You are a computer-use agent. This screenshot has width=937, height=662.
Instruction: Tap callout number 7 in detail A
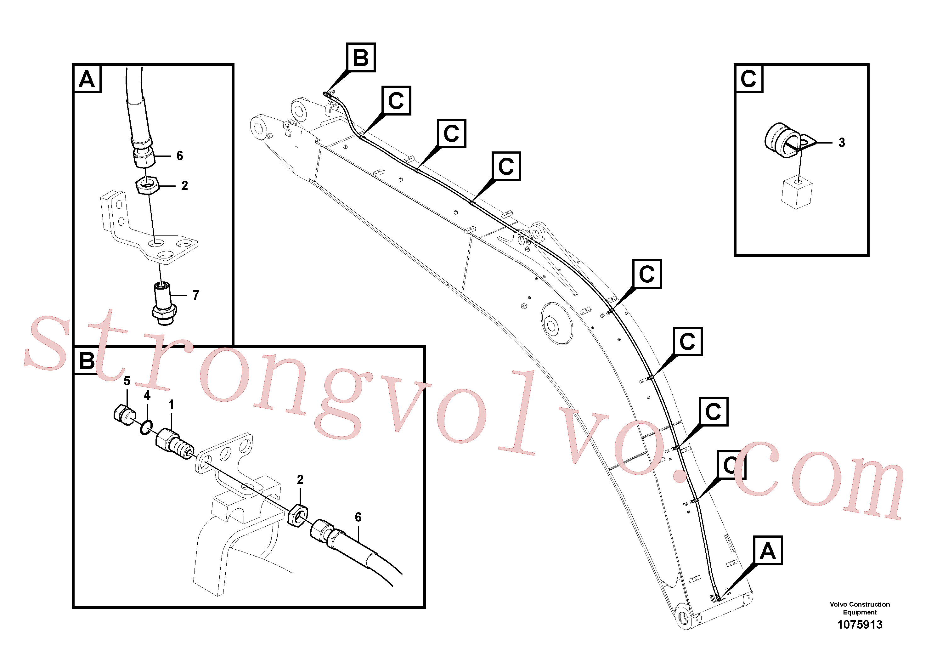[x=196, y=295]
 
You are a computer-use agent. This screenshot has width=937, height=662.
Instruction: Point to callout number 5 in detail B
[x=127, y=381]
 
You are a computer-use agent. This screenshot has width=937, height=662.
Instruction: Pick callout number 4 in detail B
[x=147, y=395]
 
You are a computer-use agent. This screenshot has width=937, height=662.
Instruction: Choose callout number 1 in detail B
[x=171, y=405]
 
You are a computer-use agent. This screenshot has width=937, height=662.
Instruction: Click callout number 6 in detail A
[x=180, y=156]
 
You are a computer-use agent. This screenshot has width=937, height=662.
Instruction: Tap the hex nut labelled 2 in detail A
[x=146, y=185]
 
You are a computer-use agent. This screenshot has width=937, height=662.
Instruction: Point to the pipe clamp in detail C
[x=787, y=141]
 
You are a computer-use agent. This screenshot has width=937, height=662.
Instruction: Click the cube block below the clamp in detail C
[x=796, y=193]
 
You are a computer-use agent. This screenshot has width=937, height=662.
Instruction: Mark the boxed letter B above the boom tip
[x=361, y=58]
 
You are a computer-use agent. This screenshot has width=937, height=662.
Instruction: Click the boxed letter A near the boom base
[x=768, y=551]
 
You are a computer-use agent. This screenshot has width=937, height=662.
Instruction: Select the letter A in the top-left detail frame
[x=87, y=79]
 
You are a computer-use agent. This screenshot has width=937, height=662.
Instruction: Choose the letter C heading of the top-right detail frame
[x=748, y=79]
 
